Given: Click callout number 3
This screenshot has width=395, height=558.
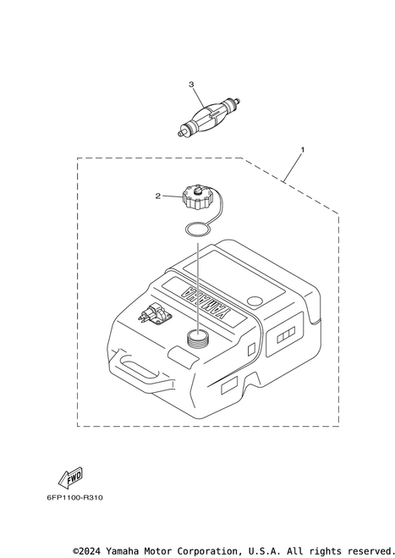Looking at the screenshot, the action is (x=191, y=85).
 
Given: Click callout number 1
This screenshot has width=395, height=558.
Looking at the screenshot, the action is (x=303, y=150).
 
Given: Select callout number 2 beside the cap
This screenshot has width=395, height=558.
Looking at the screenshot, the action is (x=158, y=196).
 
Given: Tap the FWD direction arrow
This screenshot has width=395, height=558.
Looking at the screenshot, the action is (x=70, y=478).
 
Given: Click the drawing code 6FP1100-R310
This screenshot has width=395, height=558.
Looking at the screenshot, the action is (x=74, y=498).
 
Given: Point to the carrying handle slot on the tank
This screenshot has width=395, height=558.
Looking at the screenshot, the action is (x=139, y=368).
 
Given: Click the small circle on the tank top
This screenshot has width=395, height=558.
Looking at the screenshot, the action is (x=255, y=301).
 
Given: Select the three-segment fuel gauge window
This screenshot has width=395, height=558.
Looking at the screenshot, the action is (x=286, y=335).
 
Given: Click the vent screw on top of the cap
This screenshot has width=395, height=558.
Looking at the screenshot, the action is (x=198, y=191).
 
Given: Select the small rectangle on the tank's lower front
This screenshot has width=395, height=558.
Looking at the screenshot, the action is (x=229, y=386).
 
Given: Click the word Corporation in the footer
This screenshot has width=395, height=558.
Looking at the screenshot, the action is (x=201, y=550).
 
